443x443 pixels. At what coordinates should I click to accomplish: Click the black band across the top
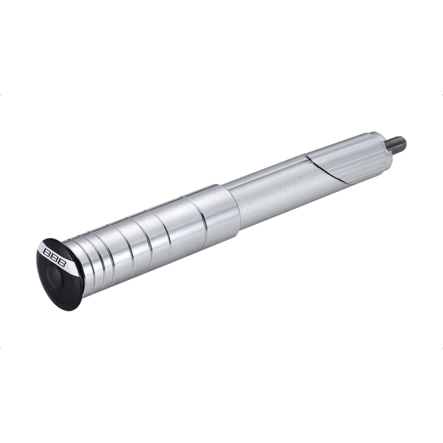(x=222, y=47)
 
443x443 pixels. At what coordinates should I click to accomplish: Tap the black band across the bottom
(x=222, y=396)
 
